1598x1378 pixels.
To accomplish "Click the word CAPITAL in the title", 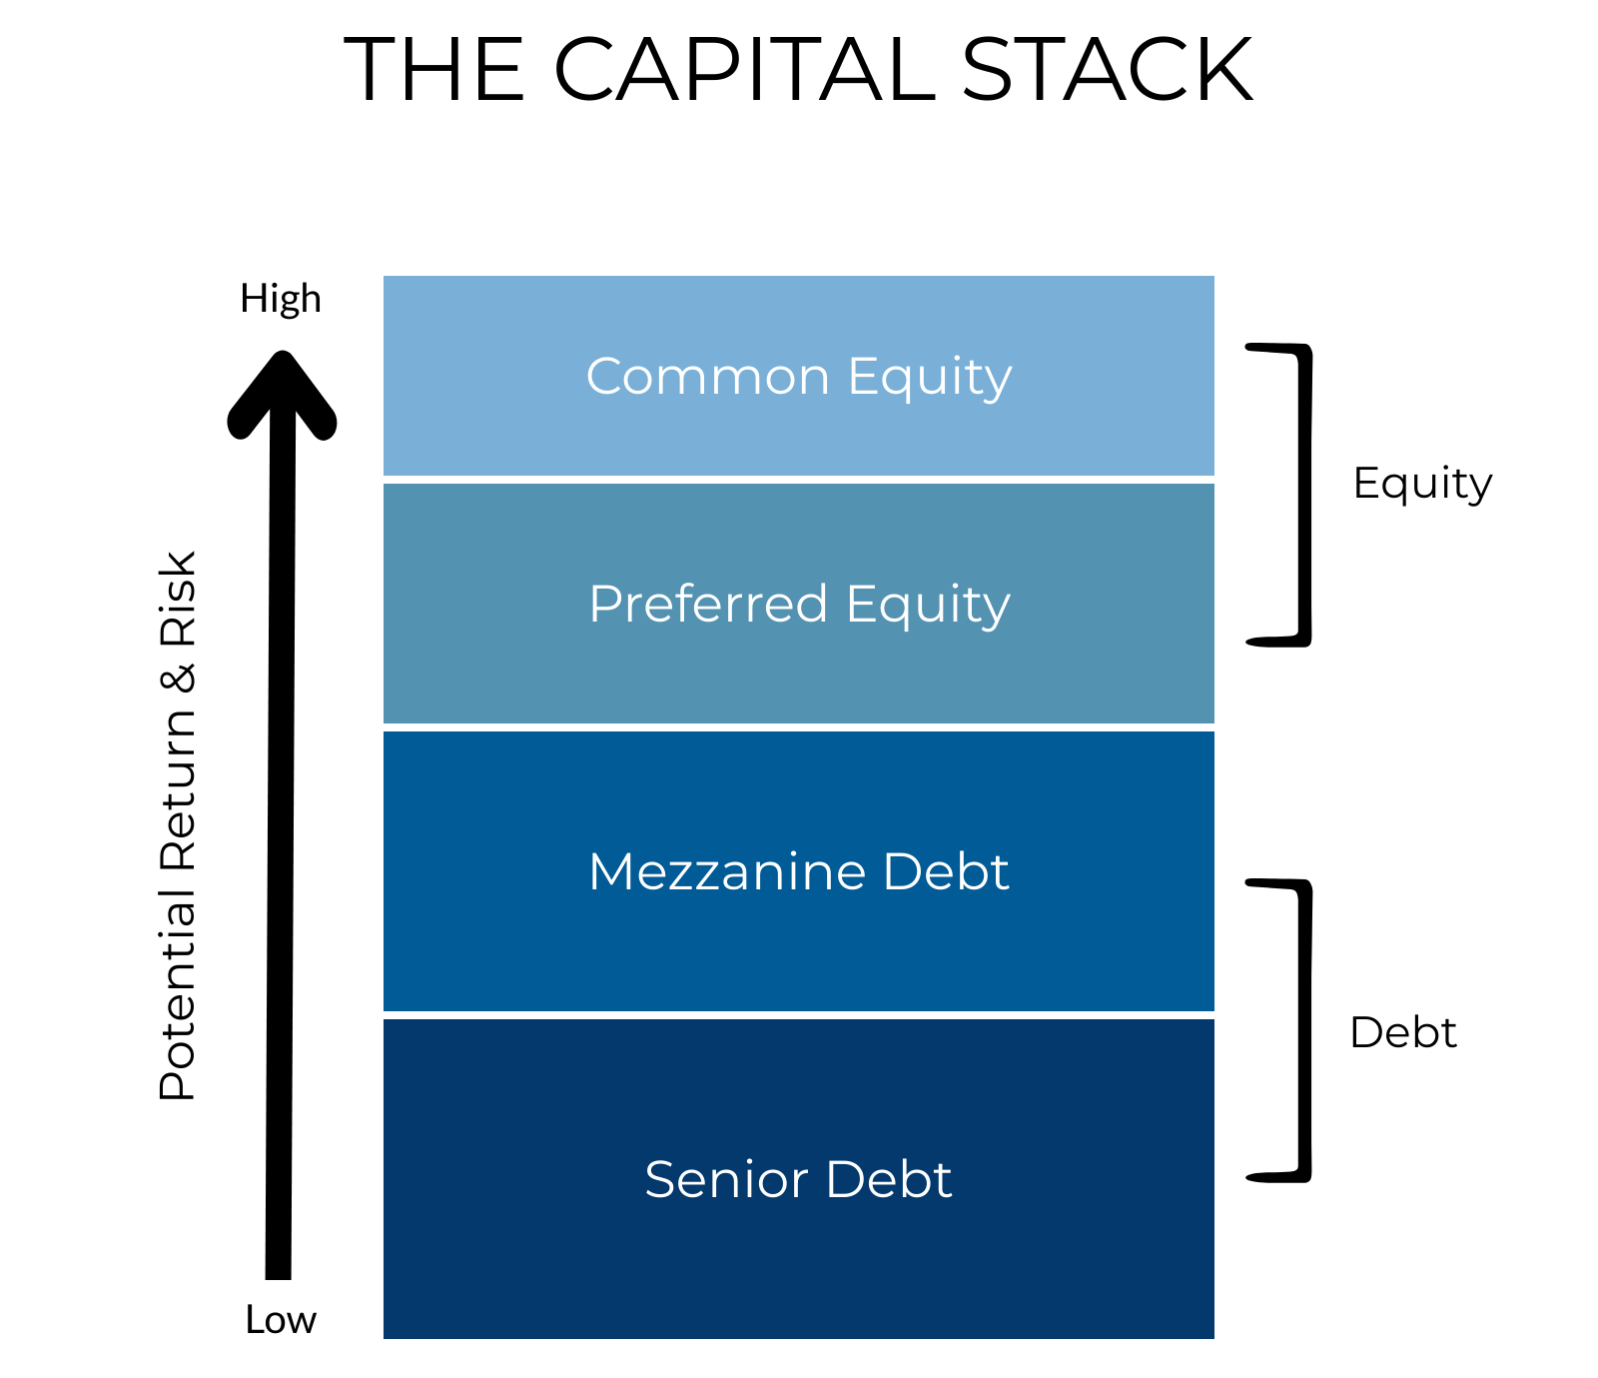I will point(744,70).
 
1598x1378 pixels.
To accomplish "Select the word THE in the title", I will point(434,70).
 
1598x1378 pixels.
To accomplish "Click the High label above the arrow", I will point(281,299).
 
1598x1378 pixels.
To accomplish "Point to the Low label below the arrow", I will point(281,1320).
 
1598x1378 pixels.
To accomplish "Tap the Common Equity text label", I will point(799,377).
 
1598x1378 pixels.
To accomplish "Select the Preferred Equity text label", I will point(799,605).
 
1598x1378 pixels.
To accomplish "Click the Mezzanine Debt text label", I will point(799,871).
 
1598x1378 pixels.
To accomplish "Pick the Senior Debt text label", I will point(799,1179).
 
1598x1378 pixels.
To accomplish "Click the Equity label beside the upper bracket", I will point(1422,484).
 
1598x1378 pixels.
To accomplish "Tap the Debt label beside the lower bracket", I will point(1403,1032).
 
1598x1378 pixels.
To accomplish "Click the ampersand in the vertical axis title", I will point(178,677).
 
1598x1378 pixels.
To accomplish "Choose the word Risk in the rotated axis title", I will point(178,599).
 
